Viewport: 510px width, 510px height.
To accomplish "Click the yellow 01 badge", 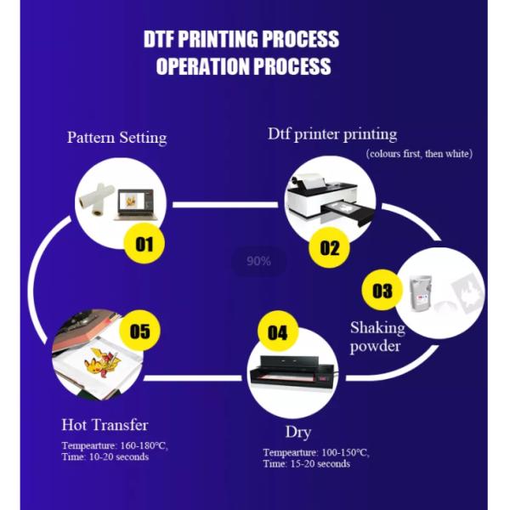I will tap(143, 245).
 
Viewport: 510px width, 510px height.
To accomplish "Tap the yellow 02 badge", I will tap(329, 248).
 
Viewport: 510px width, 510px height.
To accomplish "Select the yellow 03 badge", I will tap(382, 291).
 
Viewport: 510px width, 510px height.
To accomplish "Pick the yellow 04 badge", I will tap(278, 332).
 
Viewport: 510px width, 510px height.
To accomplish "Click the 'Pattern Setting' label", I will tap(116, 137).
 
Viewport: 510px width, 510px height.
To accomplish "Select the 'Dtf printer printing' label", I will tap(332, 133).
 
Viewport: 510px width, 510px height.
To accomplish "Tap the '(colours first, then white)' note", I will tap(419, 154).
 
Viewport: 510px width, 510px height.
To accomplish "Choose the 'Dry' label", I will tap(298, 431).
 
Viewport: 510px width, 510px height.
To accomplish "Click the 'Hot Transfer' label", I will tap(105, 424).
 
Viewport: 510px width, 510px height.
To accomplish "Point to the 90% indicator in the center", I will tap(258, 261).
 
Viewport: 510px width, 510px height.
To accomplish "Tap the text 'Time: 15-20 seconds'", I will tap(306, 463).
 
